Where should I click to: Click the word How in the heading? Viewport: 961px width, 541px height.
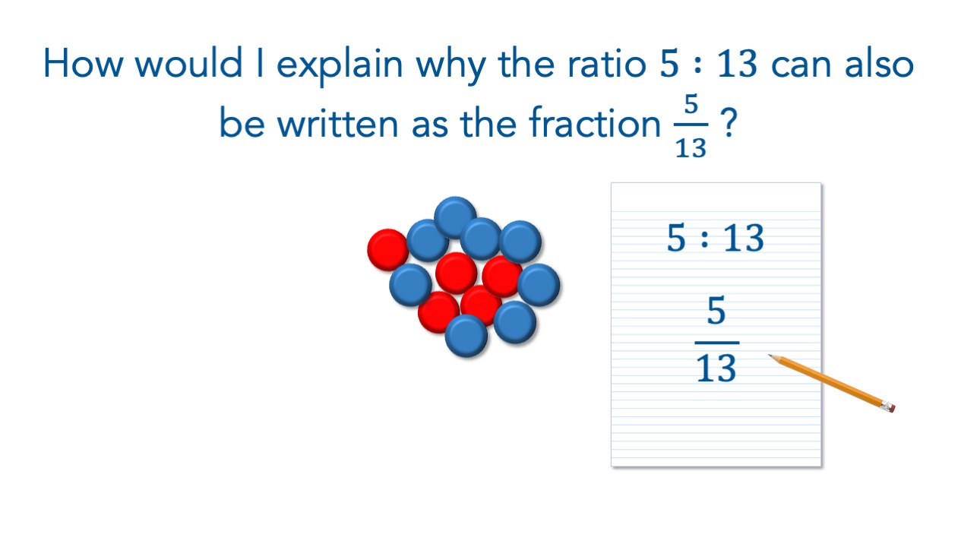84,64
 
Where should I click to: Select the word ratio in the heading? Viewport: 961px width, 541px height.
607,64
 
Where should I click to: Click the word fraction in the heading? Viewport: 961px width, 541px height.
595,123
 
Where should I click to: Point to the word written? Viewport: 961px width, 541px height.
337,123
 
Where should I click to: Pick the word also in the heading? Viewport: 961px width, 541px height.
879,64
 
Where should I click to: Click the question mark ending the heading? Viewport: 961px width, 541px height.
729,122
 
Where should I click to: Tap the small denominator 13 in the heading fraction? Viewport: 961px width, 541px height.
691,148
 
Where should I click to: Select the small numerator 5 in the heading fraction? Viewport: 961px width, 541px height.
691,104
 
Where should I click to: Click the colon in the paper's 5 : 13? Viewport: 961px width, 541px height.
704,238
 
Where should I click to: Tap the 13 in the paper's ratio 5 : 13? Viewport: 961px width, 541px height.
744,237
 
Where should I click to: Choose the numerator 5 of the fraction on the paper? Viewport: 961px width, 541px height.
716,310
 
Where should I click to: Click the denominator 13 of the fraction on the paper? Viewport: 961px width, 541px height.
716,368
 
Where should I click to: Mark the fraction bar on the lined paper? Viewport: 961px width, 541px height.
717,343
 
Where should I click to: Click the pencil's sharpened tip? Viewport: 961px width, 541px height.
769,356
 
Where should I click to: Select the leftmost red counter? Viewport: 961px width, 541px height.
388,250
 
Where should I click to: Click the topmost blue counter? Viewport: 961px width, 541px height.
455,217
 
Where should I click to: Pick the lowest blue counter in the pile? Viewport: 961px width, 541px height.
466,336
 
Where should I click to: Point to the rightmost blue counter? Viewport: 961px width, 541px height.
539,284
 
